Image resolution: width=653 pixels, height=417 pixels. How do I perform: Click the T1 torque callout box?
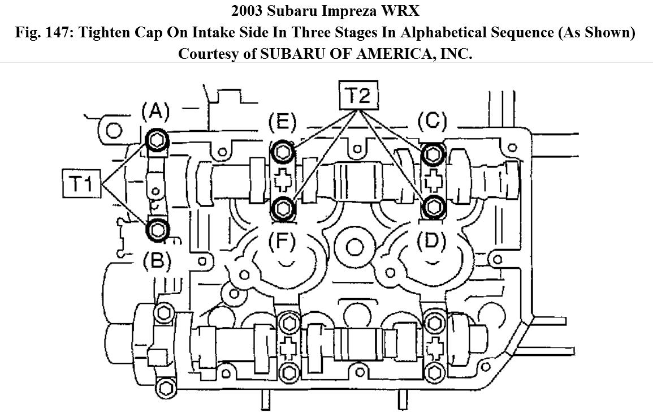point(81,183)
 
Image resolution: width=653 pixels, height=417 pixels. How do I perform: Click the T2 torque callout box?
point(358,96)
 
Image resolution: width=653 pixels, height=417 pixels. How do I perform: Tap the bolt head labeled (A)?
point(157,141)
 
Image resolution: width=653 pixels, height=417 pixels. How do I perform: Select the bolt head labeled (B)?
point(157,230)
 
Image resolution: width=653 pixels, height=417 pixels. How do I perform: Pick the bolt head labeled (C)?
point(433,154)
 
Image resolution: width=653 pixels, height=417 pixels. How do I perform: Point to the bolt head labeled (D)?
point(433,206)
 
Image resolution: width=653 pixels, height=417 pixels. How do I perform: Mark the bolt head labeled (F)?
point(283,207)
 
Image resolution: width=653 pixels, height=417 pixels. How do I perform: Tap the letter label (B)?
point(157,261)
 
